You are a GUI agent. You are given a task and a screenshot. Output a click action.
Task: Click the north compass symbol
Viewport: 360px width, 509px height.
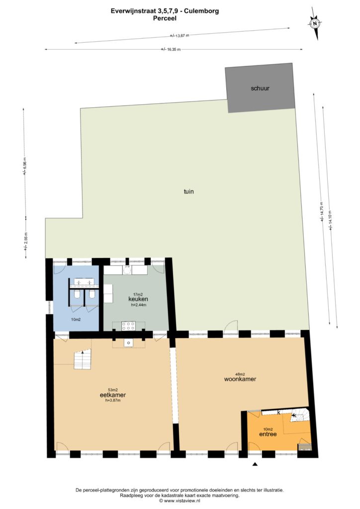314,23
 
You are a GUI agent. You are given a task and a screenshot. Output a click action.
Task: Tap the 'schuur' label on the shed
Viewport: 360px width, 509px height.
260,88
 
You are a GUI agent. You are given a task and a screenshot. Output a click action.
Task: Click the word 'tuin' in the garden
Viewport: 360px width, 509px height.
188,191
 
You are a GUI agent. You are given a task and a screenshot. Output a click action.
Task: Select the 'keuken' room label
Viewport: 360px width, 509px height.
138,299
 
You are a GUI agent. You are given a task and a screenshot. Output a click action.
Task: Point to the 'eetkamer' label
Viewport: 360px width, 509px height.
113,395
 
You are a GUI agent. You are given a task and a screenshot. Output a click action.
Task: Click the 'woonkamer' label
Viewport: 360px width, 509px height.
240,379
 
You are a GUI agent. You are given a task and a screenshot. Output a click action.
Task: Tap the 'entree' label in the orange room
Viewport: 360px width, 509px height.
268,434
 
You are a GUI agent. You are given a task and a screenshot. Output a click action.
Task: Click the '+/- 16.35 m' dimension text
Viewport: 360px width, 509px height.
171,49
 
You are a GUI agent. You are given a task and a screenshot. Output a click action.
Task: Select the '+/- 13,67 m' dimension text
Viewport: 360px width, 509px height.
179,36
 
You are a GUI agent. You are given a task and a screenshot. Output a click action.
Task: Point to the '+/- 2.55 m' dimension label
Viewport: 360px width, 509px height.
26,241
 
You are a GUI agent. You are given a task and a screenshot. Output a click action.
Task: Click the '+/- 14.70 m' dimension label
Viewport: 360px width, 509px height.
322,211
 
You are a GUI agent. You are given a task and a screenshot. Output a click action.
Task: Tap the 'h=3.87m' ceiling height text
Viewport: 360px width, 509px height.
112,400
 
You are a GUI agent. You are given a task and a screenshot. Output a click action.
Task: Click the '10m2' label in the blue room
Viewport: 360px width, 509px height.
76,320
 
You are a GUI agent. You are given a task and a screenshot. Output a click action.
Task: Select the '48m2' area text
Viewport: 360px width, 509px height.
240,374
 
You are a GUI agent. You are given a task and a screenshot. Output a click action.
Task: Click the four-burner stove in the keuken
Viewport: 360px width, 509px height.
129,326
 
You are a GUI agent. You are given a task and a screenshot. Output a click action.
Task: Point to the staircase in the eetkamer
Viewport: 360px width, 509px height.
83,359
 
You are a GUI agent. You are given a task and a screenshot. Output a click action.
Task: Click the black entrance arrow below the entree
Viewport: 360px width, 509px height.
255,464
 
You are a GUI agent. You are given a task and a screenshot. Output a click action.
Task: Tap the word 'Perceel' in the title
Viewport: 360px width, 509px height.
165,18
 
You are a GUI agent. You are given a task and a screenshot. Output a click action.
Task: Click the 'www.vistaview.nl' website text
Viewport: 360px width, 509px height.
182,501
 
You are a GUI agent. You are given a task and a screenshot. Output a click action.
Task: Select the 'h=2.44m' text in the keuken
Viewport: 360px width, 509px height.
139,305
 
